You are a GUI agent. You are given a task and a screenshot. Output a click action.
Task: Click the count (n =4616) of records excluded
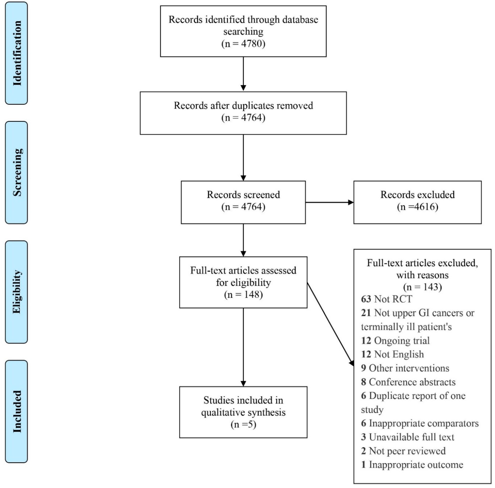click(417, 207)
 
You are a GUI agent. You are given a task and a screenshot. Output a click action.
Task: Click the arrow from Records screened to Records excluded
click(330, 202)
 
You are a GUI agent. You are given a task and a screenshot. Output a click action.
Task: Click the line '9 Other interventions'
click(405, 368)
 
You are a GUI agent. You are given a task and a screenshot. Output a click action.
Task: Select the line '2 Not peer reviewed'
click(403, 451)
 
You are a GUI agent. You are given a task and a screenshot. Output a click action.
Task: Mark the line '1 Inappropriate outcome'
click(412, 465)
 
